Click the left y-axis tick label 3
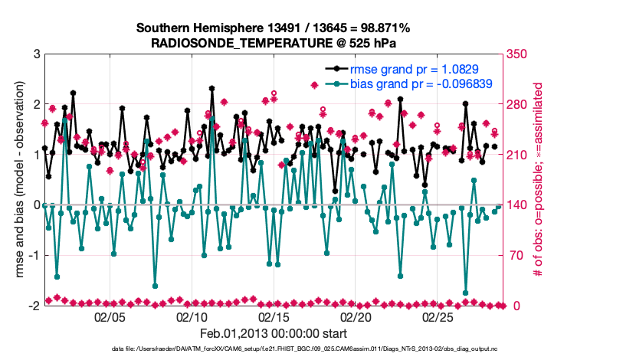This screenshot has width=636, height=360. click(35, 54)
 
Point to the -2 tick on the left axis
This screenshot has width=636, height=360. click(33, 306)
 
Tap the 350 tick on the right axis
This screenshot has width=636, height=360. click(517, 54)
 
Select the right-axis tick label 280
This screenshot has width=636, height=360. click(517, 104)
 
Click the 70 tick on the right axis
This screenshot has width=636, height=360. click(514, 255)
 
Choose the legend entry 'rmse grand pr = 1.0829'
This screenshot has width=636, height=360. click(415, 69)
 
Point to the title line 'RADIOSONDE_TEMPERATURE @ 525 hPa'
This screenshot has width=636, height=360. click(273, 42)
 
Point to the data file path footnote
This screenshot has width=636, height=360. click(318, 349)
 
